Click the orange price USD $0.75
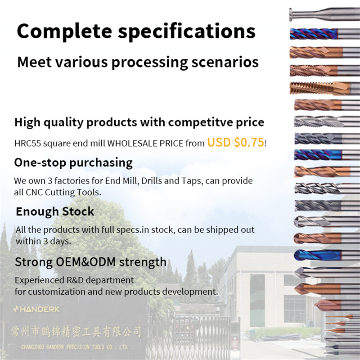(x=235, y=143)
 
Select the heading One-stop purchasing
(x=73, y=162)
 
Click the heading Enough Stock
(x=55, y=211)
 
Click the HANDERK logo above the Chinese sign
(x=36, y=310)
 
